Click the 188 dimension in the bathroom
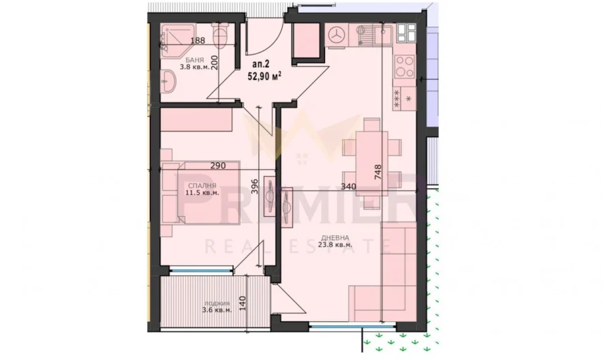[x=198, y=41]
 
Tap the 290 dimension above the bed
[x=218, y=166]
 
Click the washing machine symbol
[x=337, y=36]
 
